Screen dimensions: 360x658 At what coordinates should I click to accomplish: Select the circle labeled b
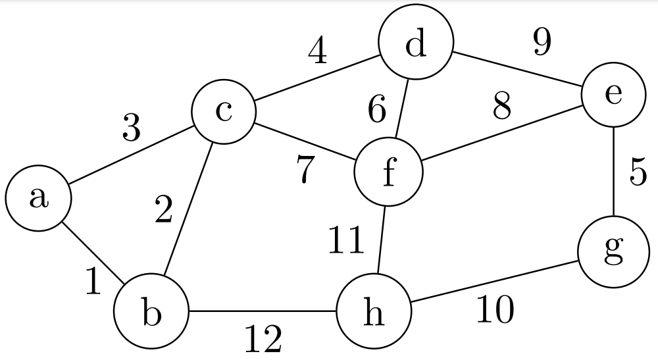pyautogui.click(x=151, y=311)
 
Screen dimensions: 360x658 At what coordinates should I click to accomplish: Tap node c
pyautogui.click(x=223, y=112)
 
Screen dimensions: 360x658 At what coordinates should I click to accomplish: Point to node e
pyautogui.click(x=613, y=95)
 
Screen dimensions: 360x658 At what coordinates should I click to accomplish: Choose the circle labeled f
pyautogui.click(x=388, y=172)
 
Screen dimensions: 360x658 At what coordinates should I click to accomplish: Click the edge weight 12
pyautogui.click(x=263, y=340)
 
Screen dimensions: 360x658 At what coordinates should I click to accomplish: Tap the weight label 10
pyautogui.click(x=495, y=310)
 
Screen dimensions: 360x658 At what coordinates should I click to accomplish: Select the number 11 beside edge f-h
pyautogui.click(x=346, y=241)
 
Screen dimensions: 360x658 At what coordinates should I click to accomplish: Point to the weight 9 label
pyautogui.click(x=542, y=43)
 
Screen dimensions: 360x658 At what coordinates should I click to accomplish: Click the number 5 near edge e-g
pyautogui.click(x=638, y=173)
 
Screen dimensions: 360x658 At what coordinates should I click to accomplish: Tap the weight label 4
pyautogui.click(x=317, y=51)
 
